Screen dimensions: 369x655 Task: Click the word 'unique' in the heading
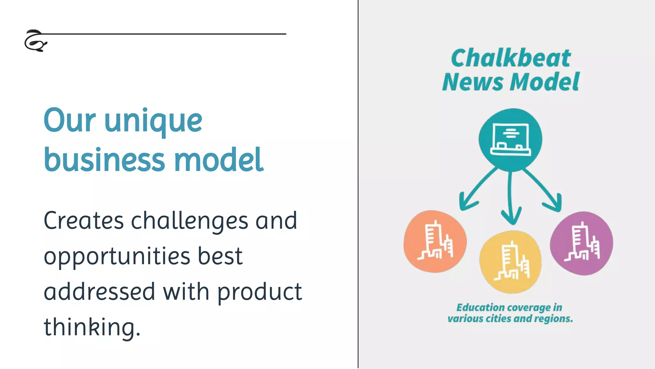pos(154,121)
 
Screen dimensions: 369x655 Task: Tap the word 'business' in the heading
pos(105,160)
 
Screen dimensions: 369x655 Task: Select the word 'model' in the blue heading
pos(219,160)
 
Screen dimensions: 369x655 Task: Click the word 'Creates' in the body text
pos(83,221)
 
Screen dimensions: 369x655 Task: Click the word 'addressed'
pos(99,292)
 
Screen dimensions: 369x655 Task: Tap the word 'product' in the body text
pos(259,292)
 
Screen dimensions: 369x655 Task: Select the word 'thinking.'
pos(92,327)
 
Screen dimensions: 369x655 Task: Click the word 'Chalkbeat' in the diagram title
pos(511,58)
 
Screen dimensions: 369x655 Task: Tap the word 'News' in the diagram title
pos(473,82)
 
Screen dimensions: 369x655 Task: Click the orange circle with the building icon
pos(435,242)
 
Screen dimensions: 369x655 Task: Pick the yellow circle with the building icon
pos(511,262)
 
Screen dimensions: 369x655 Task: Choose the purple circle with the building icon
pos(581,243)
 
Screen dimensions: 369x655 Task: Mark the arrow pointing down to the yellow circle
pos(511,199)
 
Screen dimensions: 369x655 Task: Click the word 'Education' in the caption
pos(481,307)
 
